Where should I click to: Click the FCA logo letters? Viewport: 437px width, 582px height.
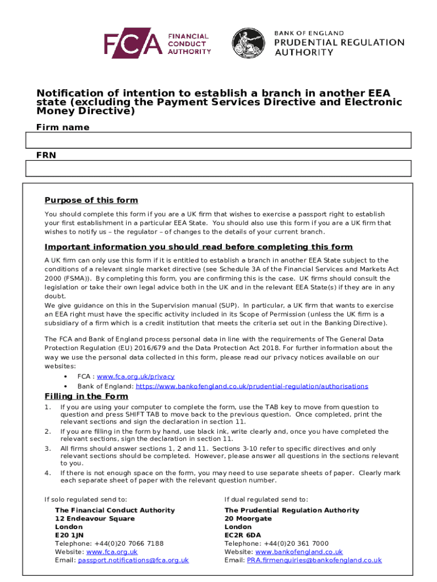pos(133,44)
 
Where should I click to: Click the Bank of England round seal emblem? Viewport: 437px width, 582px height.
pos(250,44)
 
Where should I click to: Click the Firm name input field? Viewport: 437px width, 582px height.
pos(218,140)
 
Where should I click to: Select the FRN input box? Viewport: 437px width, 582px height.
pos(218,168)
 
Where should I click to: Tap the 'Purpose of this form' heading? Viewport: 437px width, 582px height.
pos(91,200)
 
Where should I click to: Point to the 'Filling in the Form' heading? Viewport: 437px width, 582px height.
pos(86,396)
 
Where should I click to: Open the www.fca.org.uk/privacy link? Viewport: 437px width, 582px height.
pos(136,376)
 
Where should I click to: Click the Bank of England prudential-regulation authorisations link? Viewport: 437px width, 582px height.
pos(252,386)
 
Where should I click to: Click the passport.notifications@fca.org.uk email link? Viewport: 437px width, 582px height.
pos(133,560)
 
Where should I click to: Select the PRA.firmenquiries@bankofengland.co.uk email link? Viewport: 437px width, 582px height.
pos(314,560)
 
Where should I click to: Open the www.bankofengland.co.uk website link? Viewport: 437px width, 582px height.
pos(299,551)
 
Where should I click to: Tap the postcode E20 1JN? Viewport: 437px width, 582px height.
pos(69,535)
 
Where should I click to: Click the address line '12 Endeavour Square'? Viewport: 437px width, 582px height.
pos(95,518)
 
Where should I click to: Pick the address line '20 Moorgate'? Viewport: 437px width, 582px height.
pos(248,518)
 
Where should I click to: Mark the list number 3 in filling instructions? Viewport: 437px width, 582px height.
pos(47,448)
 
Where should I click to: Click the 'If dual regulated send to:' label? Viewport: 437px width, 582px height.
pos(266,499)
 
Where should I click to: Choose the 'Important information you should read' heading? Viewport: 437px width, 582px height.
pos(199,247)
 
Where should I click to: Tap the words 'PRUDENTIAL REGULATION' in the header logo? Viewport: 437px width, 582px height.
pos(339,42)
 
